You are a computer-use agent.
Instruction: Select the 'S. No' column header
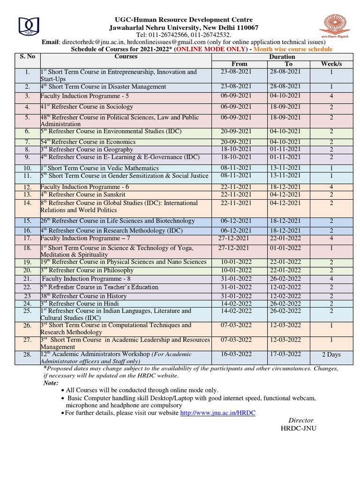pyautogui.click(x=28, y=57)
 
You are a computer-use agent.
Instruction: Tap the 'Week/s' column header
pyautogui.click(x=331, y=64)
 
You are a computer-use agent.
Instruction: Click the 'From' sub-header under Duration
pyautogui.click(x=239, y=64)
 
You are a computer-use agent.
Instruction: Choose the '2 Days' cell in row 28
pyautogui.click(x=331, y=354)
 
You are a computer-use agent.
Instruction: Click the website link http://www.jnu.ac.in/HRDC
pyautogui.click(x=218, y=413)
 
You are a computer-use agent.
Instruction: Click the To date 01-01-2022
pyautogui.click(x=288, y=248)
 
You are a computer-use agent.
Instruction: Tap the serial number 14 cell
pyautogui.click(x=28, y=203)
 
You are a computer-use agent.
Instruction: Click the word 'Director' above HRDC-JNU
pyautogui.click(x=300, y=420)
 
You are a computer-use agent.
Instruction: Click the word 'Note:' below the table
pyautogui.click(x=51, y=383)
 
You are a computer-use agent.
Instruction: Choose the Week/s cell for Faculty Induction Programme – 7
pyautogui.click(x=331, y=238)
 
